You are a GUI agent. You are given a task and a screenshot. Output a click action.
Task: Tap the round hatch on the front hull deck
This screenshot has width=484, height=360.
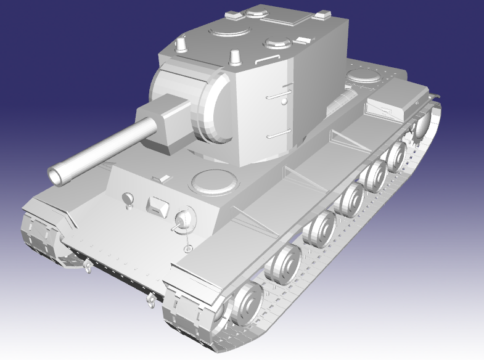point(214,181)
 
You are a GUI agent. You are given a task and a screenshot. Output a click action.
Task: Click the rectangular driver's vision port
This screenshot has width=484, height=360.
point(158,207)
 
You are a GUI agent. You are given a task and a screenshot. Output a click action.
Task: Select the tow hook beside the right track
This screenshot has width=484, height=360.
point(150,301)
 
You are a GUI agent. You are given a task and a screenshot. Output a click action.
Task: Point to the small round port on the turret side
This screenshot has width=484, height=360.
point(285,101)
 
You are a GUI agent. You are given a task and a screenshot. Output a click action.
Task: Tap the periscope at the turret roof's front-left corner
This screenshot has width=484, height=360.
point(182,44)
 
